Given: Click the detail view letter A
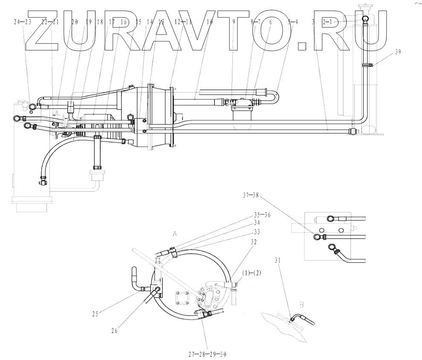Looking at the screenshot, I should pyautogui.click(x=175, y=233).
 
